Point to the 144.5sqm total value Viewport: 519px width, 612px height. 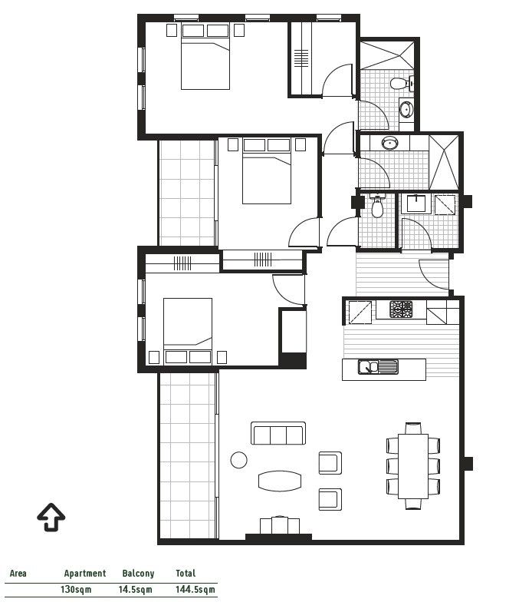pos(195,590)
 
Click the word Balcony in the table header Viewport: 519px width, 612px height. pos(138,573)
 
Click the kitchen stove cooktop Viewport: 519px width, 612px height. pos(401,309)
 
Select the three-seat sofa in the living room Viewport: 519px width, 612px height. pos(278,434)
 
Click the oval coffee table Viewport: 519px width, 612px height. pos(281,481)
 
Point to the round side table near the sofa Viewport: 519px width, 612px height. pos(239,461)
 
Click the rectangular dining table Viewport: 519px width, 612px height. pos(414,465)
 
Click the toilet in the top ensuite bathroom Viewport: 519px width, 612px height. pos(399,83)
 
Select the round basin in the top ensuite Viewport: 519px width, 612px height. pos(406,108)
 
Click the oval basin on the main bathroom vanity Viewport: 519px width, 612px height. pos(390,143)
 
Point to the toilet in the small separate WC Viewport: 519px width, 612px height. pos(377,207)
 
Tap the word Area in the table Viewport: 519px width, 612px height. pos(18,573)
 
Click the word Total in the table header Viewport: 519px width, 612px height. pos(186,573)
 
